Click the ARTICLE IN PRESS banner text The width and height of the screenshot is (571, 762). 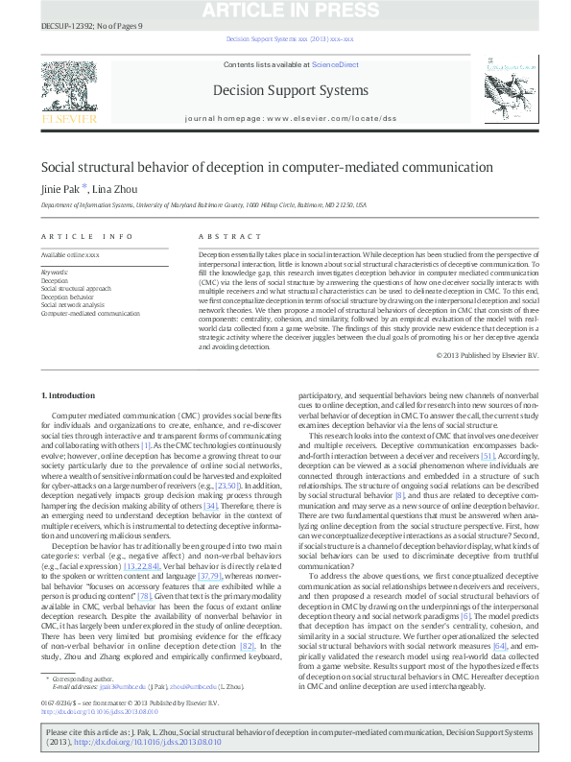point(285,10)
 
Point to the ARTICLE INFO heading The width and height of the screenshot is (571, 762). point(87,236)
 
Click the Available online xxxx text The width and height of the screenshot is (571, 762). point(70,255)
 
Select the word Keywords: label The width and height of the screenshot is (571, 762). point(56,273)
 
